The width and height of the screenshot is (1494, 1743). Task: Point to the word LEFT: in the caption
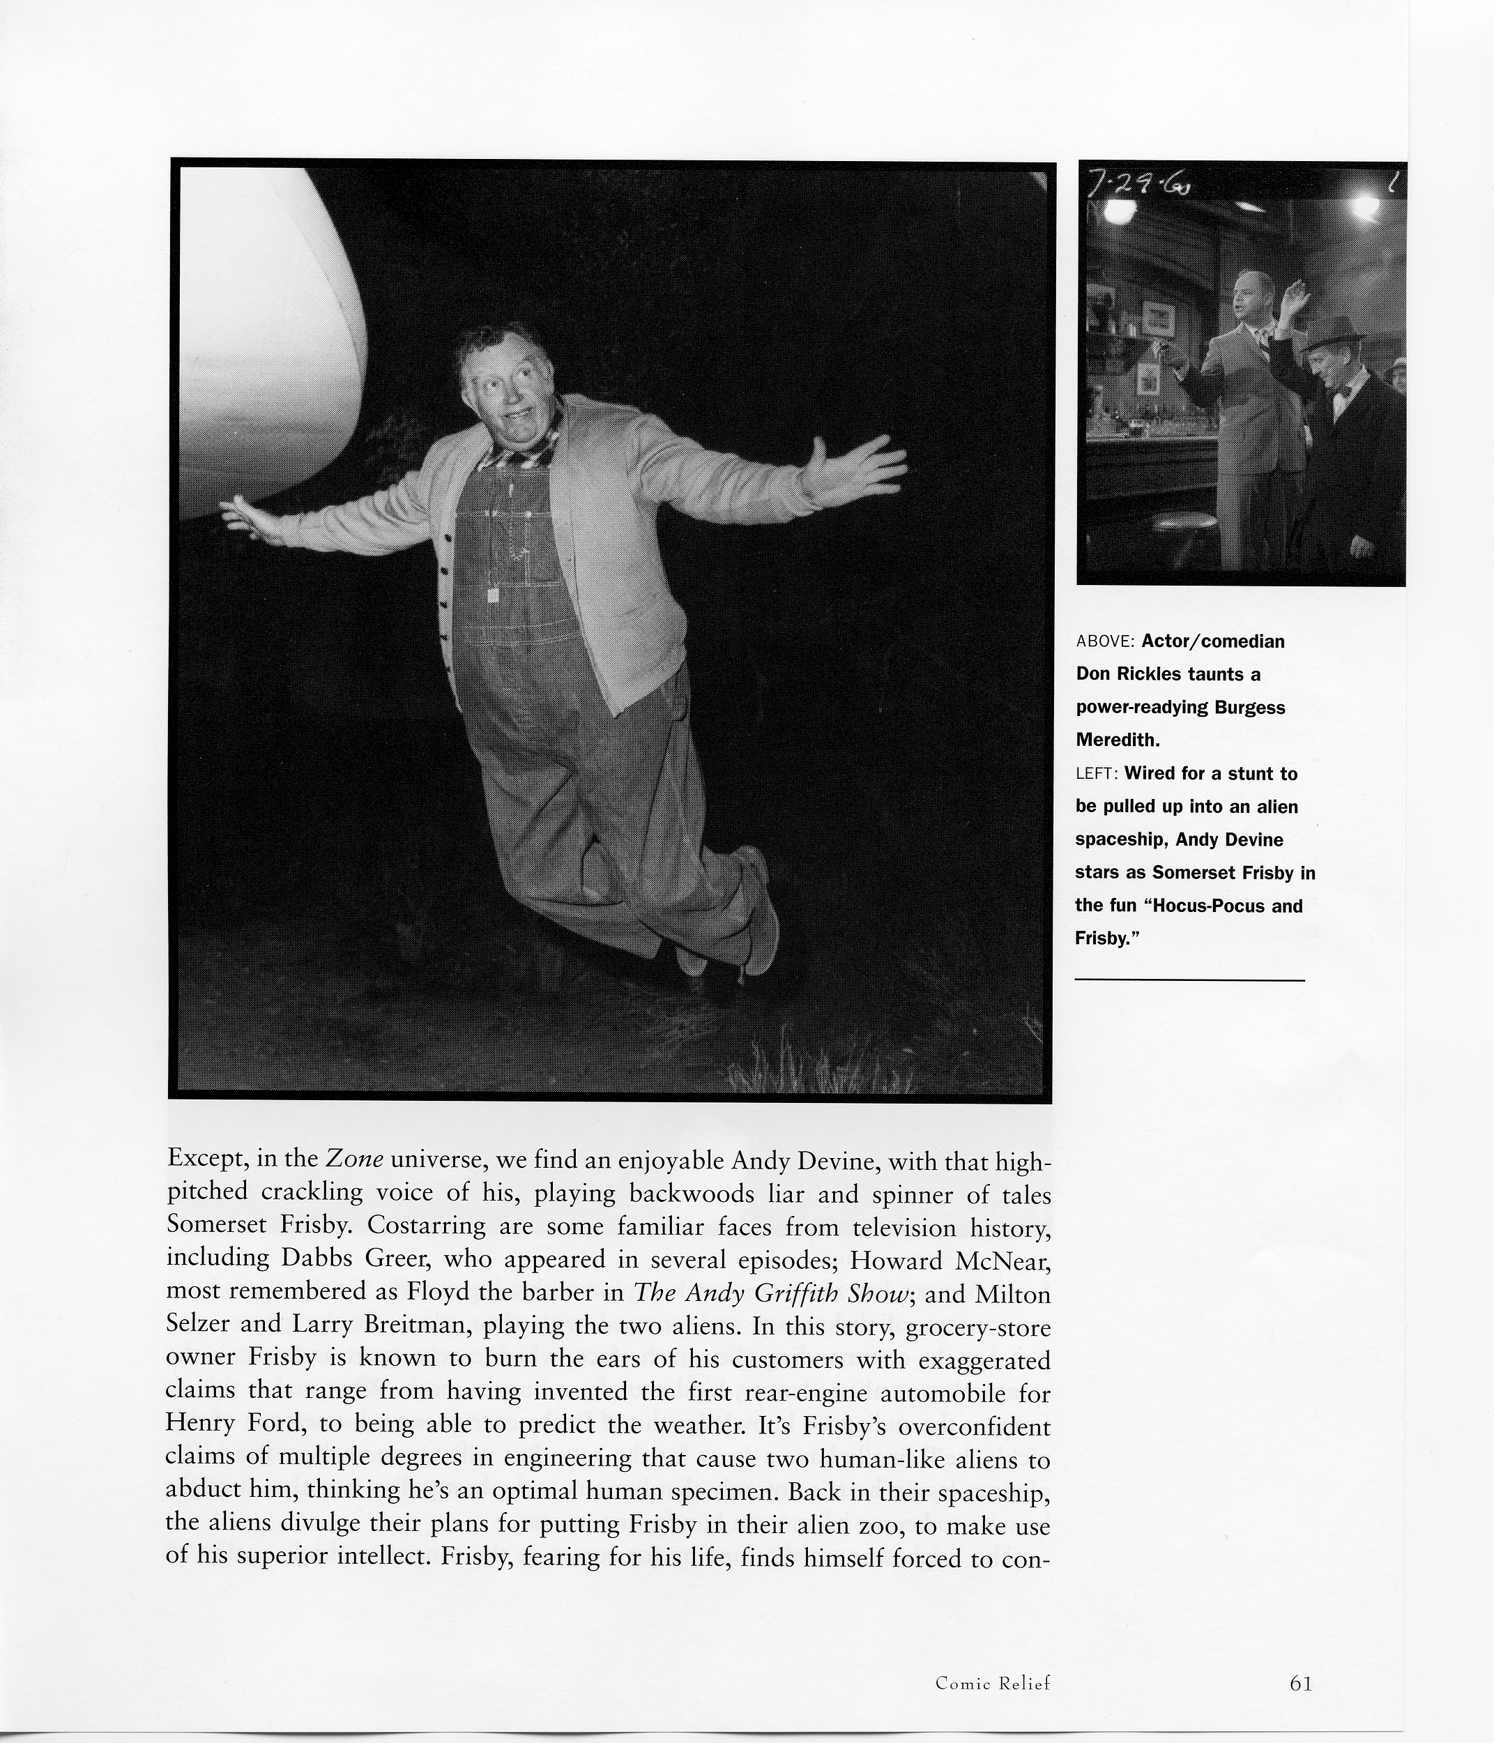coord(1095,774)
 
